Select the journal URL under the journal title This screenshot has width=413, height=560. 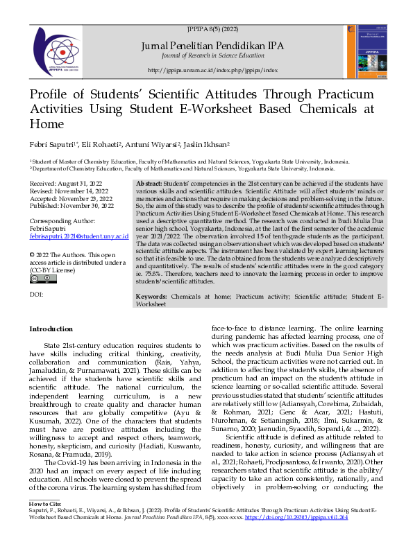click(212, 70)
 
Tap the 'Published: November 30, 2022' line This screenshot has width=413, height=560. click(73, 206)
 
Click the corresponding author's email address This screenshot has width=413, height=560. click(79, 236)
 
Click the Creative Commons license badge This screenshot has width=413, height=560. click(43, 279)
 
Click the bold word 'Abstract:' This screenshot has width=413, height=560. click(150, 182)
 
